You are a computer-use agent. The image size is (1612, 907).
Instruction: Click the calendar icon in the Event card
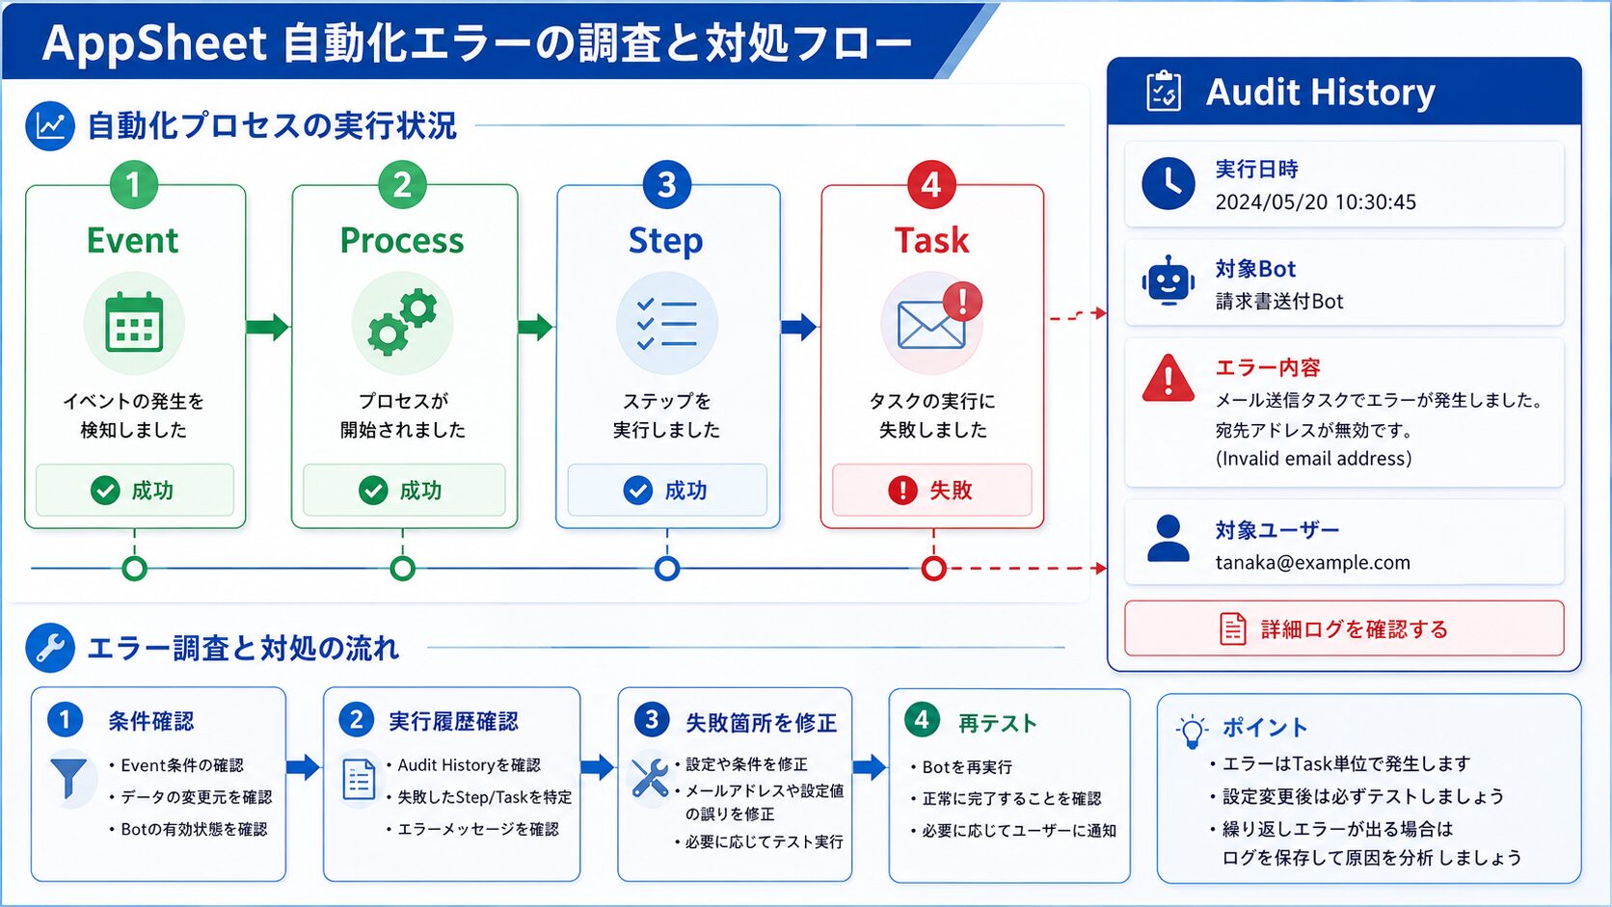tap(134, 322)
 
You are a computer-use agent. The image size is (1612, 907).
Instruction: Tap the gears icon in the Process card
tap(402, 322)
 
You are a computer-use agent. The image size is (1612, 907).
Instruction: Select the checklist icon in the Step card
tap(666, 324)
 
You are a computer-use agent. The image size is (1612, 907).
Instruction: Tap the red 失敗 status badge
tap(932, 490)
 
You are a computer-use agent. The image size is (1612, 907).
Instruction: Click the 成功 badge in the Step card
tap(667, 490)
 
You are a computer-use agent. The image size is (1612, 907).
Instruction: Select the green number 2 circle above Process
tap(402, 185)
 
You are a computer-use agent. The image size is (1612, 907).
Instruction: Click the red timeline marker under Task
tap(933, 569)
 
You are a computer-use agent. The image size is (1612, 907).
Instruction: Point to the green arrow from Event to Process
tap(268, 327)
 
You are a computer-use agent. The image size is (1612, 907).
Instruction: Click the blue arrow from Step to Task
tap(799, 327)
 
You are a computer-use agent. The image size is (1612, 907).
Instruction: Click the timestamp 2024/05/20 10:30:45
tap(1315, 202)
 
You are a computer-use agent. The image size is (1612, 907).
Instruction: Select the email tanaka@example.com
tap(1312, 563)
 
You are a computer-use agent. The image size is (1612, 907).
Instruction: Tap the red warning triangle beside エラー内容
tap(1168, 378)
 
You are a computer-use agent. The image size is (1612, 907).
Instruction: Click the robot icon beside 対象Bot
tap(1168, 280)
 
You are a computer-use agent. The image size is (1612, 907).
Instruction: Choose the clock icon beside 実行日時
tap(1168, 183)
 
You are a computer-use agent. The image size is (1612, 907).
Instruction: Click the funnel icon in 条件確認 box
tap(69, 778)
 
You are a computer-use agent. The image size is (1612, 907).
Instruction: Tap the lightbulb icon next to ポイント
tap(1192, 733)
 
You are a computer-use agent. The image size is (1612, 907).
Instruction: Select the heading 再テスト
tap(998, 723)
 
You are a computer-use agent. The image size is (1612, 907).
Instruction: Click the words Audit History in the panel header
tap(1321, 93)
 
